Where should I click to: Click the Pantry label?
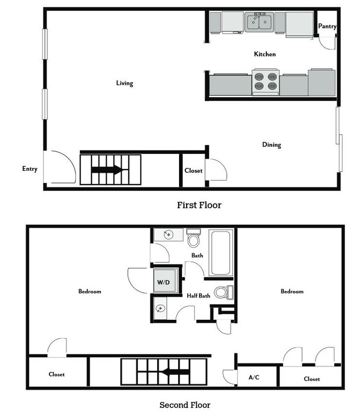(x=327, y=26)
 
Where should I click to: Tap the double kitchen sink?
(x=259, y=22)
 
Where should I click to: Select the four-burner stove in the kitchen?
(x=265, y=82)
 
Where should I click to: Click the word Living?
(x=125, y=83)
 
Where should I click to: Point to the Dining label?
(x=272, y=145)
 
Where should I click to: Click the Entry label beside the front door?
(x=30, y=169)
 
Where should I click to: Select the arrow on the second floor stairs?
(x=174, y=372)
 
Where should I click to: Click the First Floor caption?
(x=200, y=205)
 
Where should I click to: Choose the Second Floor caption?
(x=185, y=405)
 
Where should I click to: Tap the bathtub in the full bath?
(x=221, y=253)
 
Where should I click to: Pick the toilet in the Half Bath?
(x=224, y=292)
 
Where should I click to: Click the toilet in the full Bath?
(x=194, y=238)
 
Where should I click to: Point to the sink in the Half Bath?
(x=160, y=308)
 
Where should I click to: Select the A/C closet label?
(x=254, y=377)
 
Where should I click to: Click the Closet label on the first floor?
(x=194, y=171)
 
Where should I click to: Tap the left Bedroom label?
(x=90, y=291)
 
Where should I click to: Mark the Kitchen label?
(x=265, y=54)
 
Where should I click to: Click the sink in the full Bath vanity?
(x=168, y=234)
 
